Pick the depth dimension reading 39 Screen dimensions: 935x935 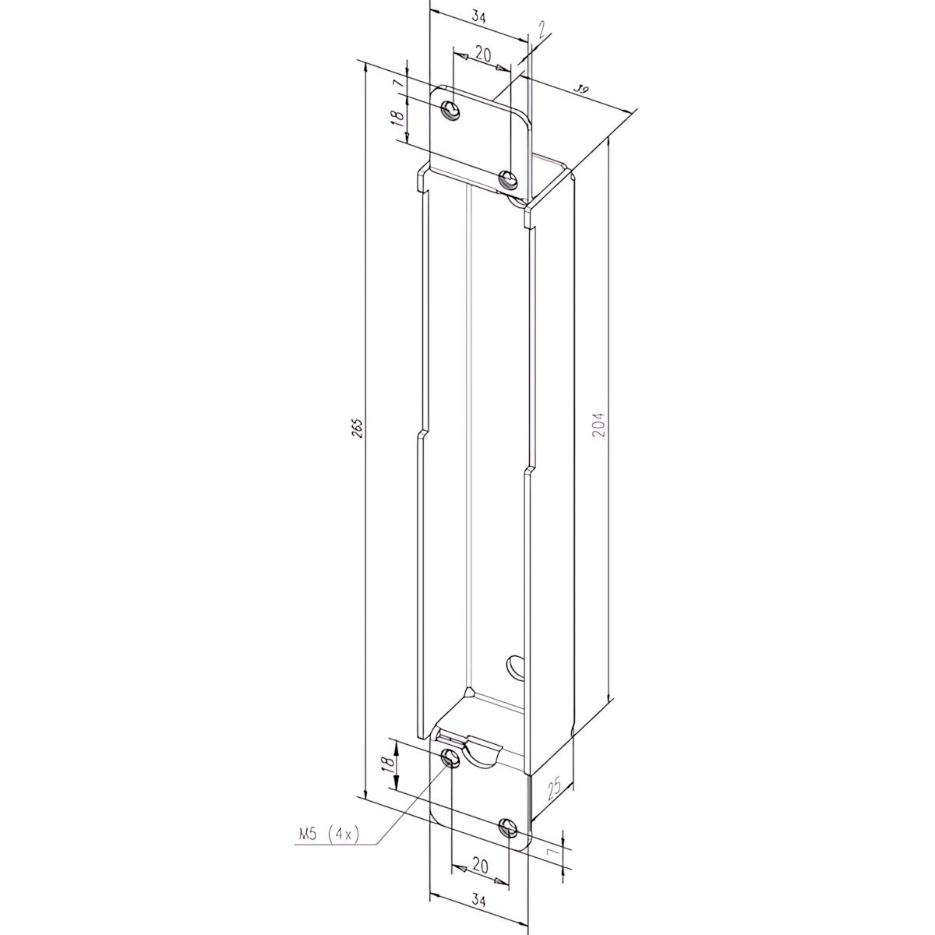tap(580, 90)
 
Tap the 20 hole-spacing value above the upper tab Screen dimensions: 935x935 tap(483, 54)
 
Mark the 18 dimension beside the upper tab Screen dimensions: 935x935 tap(396, 118)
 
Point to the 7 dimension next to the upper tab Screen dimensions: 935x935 tap(396, 82)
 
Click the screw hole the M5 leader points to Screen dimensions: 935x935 tap(450, 758)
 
